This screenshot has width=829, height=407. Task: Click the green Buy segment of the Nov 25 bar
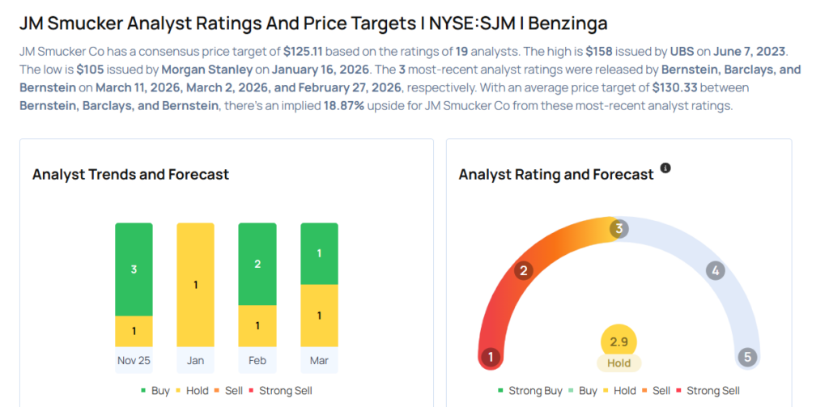coord(134,269)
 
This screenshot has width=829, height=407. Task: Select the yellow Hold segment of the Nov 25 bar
coord(134,330)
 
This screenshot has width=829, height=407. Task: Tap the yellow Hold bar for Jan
coord(195,284)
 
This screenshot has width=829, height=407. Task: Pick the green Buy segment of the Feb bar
coord(257,264)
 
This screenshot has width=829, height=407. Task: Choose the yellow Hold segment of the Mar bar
coord(319,315)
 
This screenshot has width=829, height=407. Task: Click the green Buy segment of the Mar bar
coord(319,253)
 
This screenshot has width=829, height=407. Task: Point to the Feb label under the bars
coord(257,360)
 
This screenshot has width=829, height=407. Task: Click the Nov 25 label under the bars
coord(134,360)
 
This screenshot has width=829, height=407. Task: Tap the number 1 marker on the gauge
coord(490,357)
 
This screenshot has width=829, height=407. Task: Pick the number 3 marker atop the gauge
coord(619,229)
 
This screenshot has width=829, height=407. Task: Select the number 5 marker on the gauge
coord(748,357)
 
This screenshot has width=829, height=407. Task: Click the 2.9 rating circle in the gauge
coord(619,341)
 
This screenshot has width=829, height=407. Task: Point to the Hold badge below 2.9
coord(619,363)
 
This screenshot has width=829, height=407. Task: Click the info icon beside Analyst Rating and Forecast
coord(665,168)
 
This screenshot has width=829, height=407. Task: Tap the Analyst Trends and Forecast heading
coord(130,174)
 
